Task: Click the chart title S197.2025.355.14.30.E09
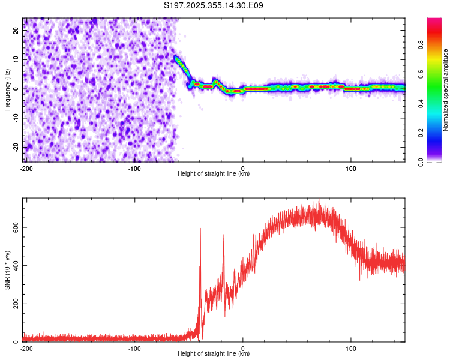coord(214,5)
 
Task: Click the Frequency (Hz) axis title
coord(8,89)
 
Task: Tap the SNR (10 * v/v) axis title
coord(8,269)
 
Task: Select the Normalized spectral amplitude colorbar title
coord(446,89)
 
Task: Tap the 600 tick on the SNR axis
coord(14,227)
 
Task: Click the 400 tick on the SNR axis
coord(14,265)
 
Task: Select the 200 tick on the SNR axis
coord(14,304)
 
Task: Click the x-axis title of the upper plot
coord(214,174)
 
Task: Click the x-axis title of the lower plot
coord(214,354)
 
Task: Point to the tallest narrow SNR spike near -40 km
coord(200,229)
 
